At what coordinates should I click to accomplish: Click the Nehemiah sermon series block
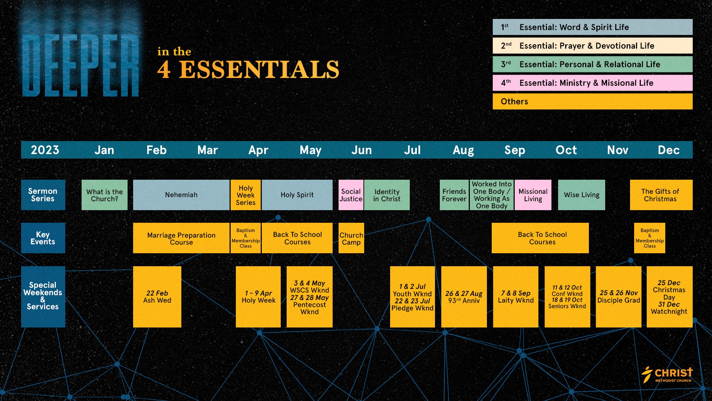[x=181, y=195]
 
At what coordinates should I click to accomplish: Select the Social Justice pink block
[x=351, y=195]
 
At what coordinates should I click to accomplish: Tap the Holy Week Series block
[x=245, y=195]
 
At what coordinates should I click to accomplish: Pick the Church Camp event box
[x=351, y=238]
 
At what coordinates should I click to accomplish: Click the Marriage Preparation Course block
[x=181, y=238]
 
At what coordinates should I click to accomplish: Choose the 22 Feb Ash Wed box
[x=157, y=297]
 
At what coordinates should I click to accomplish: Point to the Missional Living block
[x=533, y=195]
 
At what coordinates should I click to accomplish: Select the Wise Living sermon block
[x=581, y=195]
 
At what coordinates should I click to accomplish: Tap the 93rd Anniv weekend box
[x=464, y=297]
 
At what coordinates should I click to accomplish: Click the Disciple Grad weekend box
[x=619, y=297]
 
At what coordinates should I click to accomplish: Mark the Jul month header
[x=412, y=150]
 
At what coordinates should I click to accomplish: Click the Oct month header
[x=566, y=150]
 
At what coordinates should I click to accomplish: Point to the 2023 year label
[x=45, y=150]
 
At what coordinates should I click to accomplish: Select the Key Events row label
[x=43, y=238]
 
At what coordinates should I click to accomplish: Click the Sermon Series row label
[x=43, y=195]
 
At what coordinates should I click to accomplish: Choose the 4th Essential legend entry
[x=593, y=83]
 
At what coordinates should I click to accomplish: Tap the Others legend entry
[x=593, y=101]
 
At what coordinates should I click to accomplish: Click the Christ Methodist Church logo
[x=667, y=375]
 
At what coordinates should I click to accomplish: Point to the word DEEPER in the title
[x=80, y=65]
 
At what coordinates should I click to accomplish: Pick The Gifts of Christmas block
[x=661, y=195]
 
